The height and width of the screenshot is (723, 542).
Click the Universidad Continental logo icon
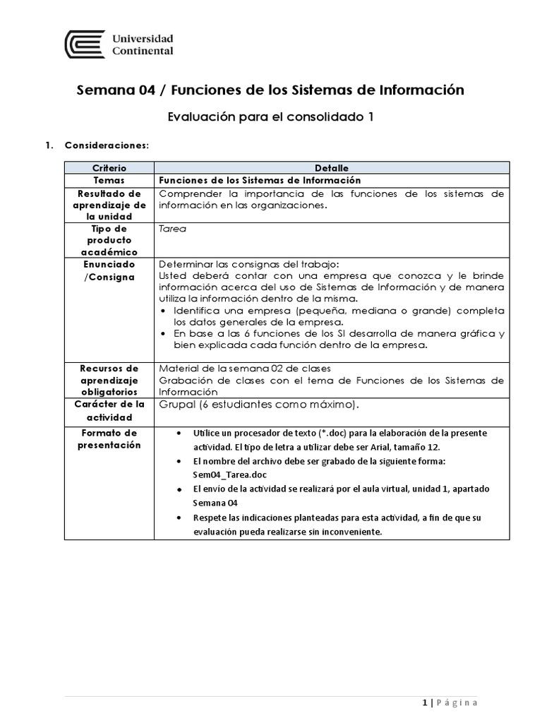click(85, 44)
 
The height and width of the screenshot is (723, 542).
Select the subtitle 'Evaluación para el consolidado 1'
click(270, 117)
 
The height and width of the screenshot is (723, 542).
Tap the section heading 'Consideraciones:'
click(107, 145)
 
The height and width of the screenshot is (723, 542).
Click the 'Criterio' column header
click(109, 169)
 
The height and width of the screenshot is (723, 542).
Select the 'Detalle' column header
click(331, 169)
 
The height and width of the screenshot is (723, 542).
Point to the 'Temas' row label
click(109, 180)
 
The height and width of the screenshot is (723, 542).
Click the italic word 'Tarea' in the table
click(173, 229)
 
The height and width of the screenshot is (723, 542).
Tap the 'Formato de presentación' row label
click(109, 438)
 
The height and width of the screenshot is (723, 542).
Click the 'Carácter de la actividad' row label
click(109, 410)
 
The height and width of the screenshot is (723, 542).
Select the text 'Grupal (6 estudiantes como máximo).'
click(259, 405)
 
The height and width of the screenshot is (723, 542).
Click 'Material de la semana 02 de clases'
click(244, 368)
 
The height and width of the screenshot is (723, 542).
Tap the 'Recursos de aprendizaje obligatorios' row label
click(109, 379)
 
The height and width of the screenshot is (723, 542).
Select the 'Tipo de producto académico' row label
click(109, 240)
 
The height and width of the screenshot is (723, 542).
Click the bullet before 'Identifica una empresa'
click(164, 311)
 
